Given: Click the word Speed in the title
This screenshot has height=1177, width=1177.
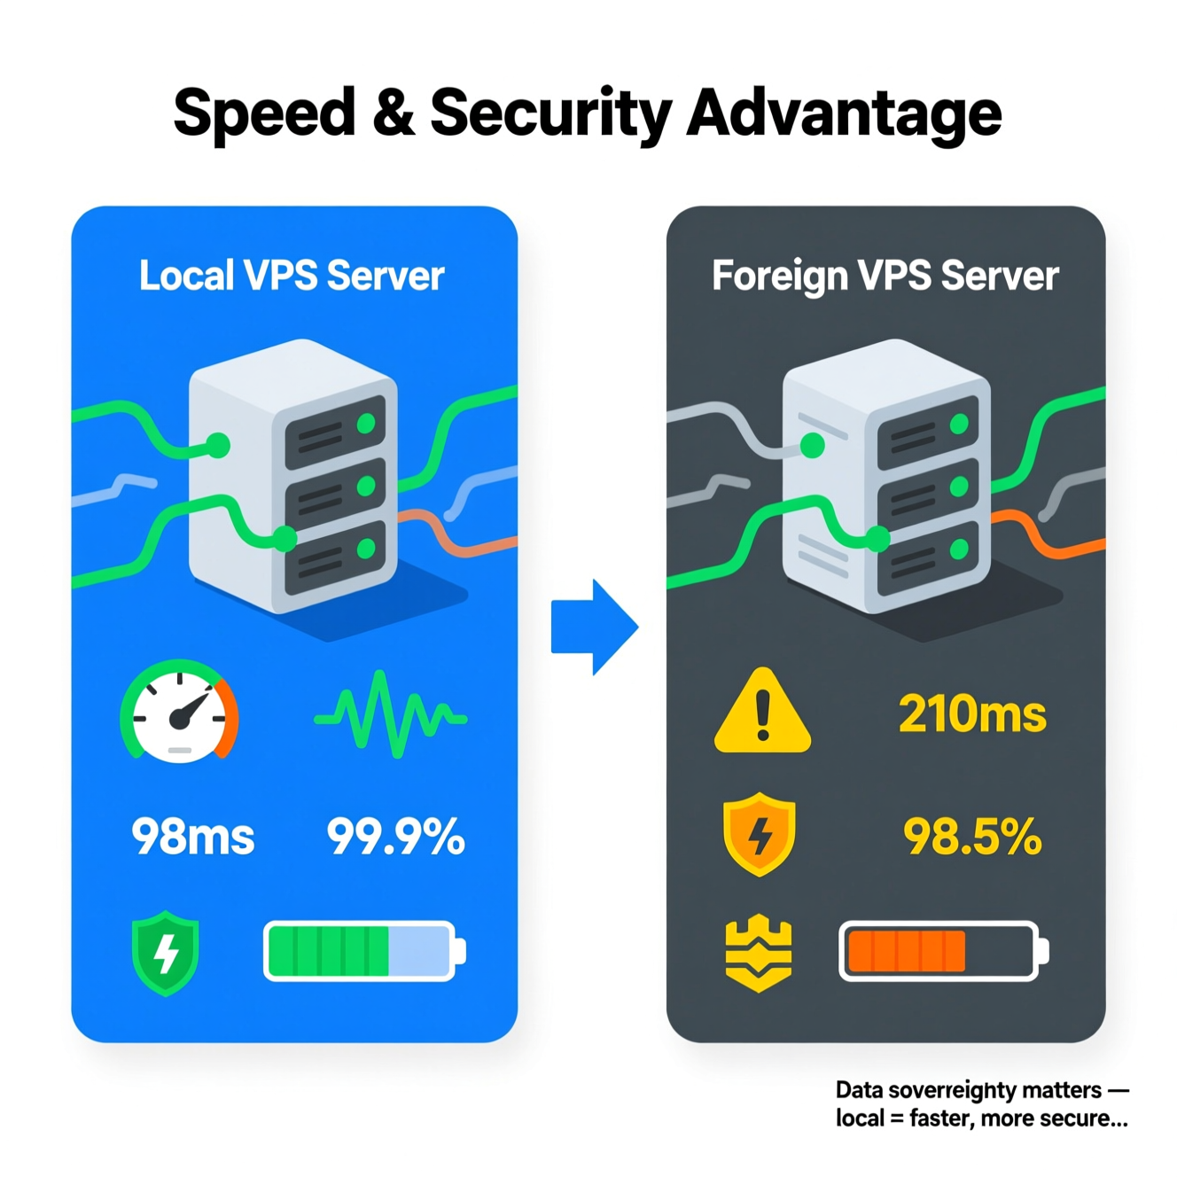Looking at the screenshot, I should pos(263,113).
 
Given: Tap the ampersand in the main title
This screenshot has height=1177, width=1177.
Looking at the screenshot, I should pos(392,113).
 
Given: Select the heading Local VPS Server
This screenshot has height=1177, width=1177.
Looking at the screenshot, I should pos(292,276).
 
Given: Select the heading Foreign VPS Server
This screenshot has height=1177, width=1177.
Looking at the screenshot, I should pos(885,276).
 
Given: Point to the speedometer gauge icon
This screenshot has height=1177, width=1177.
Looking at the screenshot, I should pos(180,712).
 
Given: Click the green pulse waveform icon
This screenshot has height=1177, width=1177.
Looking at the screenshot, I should pos(390,713).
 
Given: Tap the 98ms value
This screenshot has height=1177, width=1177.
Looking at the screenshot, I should pos(192,837).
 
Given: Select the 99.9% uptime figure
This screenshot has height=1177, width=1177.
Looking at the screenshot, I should pos(395,837).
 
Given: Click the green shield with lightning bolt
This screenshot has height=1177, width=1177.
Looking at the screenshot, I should pos(166,953).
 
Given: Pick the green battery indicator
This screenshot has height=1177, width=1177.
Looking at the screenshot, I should pos(363,951).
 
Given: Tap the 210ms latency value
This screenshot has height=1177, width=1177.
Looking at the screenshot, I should pos(972,714).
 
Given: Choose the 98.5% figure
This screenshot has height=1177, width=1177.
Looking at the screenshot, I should pos(972,837).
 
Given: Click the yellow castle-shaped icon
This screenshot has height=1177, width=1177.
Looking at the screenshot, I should pos(759,953).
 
